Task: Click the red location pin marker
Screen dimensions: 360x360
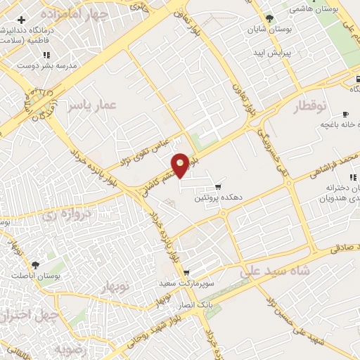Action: tap(181, 165)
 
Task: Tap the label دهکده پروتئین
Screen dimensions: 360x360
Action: tap(219, 198)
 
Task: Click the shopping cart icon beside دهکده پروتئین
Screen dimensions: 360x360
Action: tap(219, 186)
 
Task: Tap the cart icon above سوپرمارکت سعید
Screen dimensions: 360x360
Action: tap(186, 273)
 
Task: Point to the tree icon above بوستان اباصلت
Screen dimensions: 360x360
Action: tap(36, 266)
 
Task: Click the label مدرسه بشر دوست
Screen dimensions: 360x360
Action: tap(53, 65)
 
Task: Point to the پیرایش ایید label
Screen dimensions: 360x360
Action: tap(269, 53)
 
